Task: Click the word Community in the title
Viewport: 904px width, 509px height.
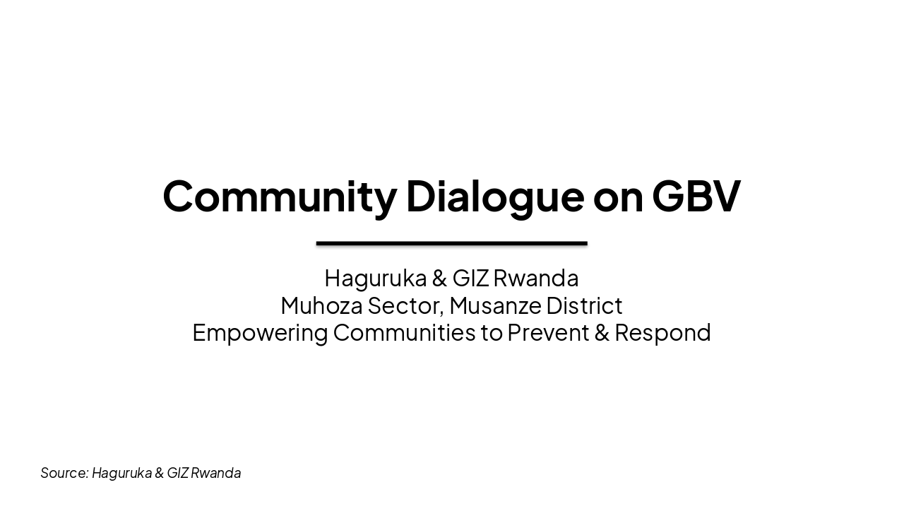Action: (280, 196)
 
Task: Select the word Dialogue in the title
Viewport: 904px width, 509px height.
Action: (494, 196)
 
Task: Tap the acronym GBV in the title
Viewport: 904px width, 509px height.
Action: (696, 196)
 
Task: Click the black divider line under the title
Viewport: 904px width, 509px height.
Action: (451, 243)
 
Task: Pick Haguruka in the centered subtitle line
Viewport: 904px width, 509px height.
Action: (375, 279)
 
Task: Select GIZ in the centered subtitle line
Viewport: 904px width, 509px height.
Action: (470, 279)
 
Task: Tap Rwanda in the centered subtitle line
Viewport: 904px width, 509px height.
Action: (535, 279)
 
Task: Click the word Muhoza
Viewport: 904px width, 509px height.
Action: (321, 306)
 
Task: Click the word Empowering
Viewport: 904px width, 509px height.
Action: (260, 333)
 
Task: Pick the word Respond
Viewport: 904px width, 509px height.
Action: (662, 333)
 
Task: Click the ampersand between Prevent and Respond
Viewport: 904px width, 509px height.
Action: (602, 333)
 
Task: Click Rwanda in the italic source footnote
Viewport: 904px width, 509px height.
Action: (215, 473)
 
